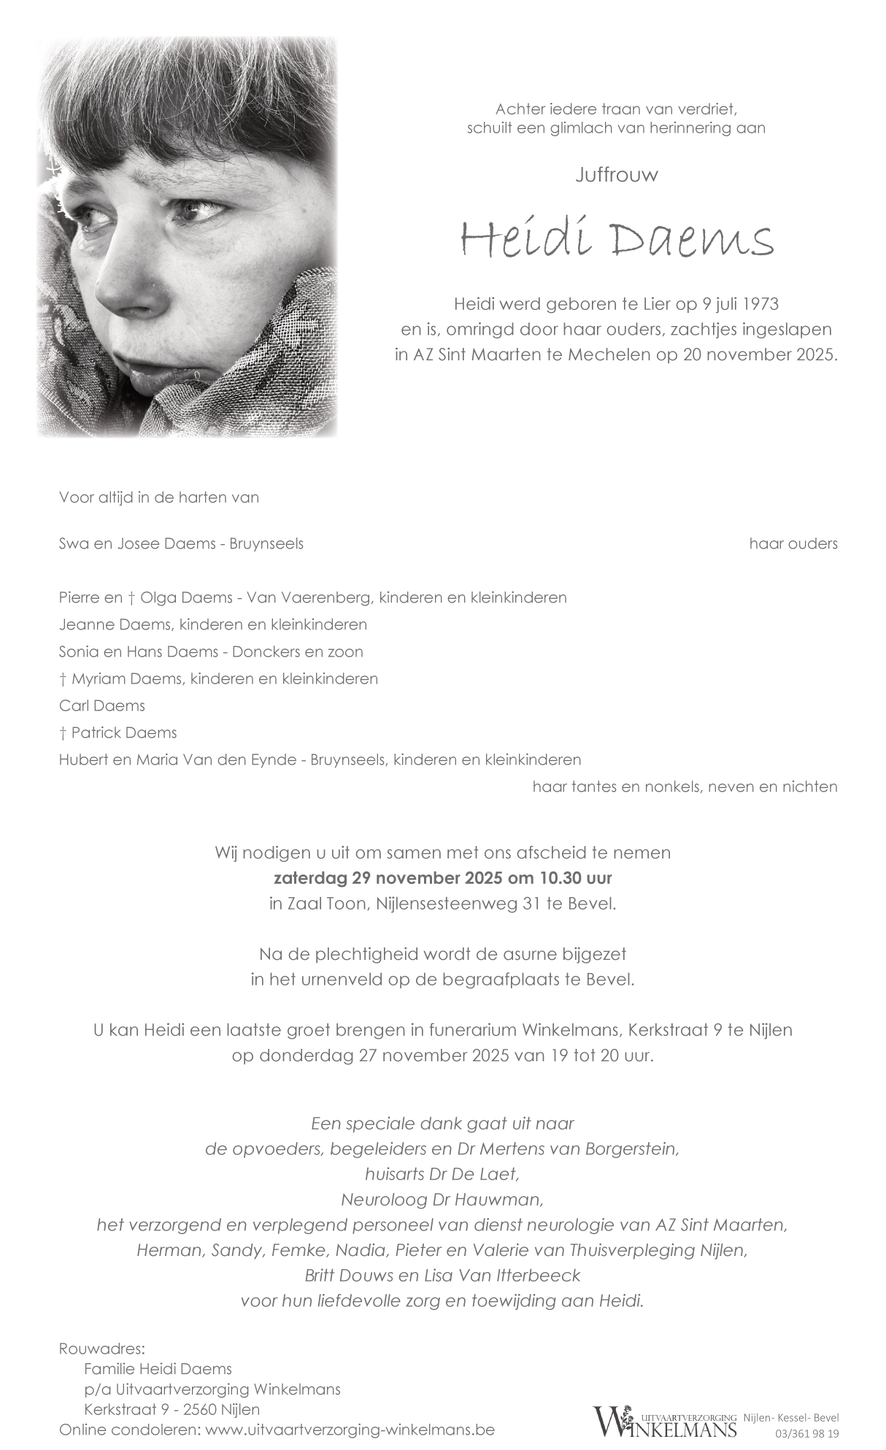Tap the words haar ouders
(793, 543)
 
